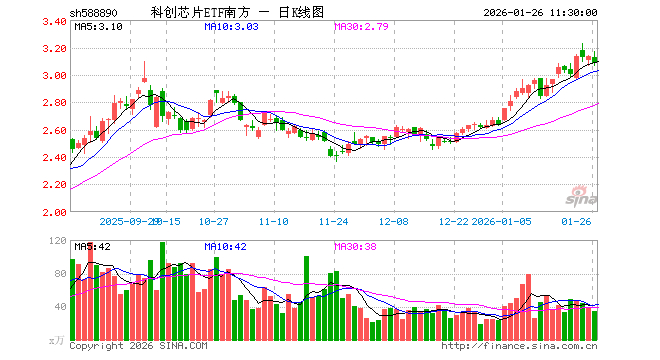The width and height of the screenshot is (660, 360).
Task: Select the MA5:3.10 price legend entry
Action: (98, 27)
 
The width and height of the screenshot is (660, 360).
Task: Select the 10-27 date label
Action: (215, 221)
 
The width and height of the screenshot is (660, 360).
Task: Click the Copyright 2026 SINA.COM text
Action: (140, 346)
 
